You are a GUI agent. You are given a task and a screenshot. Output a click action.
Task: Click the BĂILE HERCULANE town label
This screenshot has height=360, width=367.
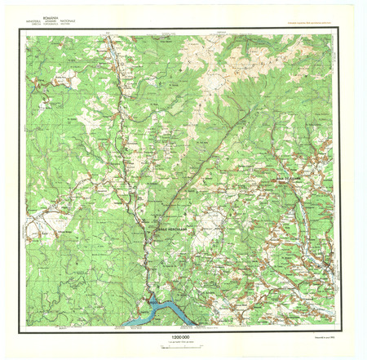170,229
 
